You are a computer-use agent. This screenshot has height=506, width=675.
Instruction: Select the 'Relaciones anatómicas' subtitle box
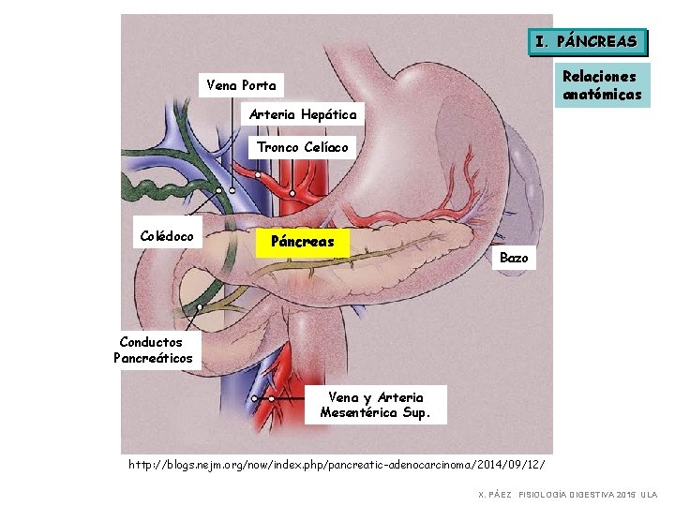[602, 85]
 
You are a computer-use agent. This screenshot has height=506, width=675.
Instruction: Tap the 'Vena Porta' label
[241, 85]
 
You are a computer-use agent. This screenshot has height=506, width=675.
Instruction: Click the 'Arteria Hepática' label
[302, 114]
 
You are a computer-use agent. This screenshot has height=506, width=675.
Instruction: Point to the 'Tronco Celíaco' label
[302, 147]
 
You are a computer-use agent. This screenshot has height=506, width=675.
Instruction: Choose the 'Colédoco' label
[167, 236]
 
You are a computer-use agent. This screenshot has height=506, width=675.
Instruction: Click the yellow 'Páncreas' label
[302, 242]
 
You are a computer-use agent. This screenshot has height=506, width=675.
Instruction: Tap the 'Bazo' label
[514, 258]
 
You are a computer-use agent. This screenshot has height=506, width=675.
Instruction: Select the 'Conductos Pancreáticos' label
[153, 350]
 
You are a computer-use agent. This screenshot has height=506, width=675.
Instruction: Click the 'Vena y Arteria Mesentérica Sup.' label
[375, 405]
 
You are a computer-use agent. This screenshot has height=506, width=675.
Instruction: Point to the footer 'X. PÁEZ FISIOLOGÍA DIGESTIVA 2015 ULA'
[568, 494]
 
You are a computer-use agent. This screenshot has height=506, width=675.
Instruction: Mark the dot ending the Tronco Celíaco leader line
[292, 194]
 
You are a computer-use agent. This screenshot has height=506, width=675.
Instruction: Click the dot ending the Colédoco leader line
[219, 190]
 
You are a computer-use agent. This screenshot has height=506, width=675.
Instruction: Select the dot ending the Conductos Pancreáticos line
[200, 306]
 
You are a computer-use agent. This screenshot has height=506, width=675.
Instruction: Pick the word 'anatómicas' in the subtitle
[602, 95]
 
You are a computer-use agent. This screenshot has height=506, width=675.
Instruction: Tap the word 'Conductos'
[153, 342]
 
